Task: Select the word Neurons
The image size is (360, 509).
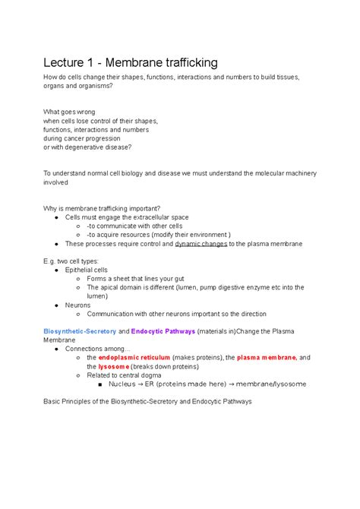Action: click(78, 305)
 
